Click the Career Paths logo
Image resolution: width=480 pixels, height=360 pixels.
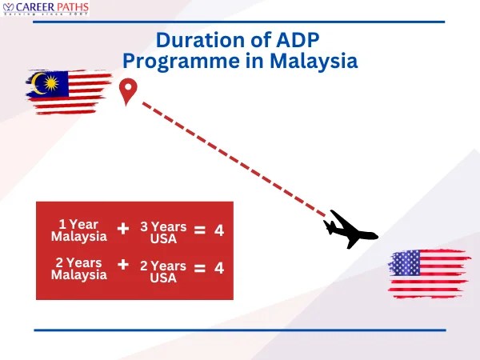pyautogui.click(x=46, y=10)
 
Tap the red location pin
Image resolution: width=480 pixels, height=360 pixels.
pyautogui.click(x=127, y=91)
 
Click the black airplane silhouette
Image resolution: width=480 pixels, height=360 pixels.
pyautogui.click(x=350, y=230)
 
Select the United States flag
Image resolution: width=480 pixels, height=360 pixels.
pyautogui.click(x=429, y=273)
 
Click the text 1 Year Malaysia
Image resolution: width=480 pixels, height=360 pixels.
pyautogui.click(x=78, y=230)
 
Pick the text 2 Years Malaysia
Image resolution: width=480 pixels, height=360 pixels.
pyautogui.click(x=78, y=269)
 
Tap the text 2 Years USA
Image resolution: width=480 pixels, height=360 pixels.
pyautogui.click(x=163, y=271)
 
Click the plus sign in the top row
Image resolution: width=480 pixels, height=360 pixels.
pyautogui.click(x=123, y=229)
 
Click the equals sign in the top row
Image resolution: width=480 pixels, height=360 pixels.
pyautogui.click(x=200, y=230)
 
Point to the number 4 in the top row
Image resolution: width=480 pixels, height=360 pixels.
pyautogui.click(x=219, y=230)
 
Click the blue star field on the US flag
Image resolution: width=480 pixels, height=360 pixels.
pyautogui.click(x=405, y=262)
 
